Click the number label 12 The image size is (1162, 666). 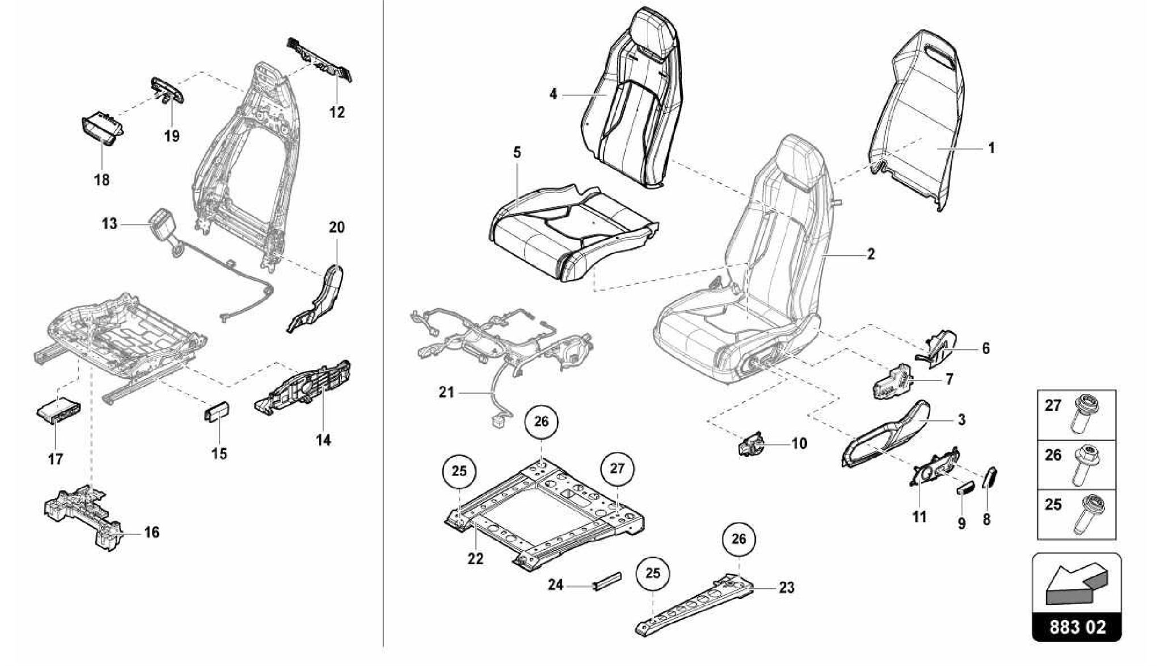tap(337, 112)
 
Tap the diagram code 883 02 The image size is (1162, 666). tap(1076, 627)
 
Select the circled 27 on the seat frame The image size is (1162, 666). tap(617, 468)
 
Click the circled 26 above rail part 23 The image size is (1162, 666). tap(739, 538)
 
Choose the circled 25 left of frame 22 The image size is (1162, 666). tap(459, 471)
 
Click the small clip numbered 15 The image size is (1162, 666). tap(216, 411)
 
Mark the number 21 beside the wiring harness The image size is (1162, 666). tap(447, 392)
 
